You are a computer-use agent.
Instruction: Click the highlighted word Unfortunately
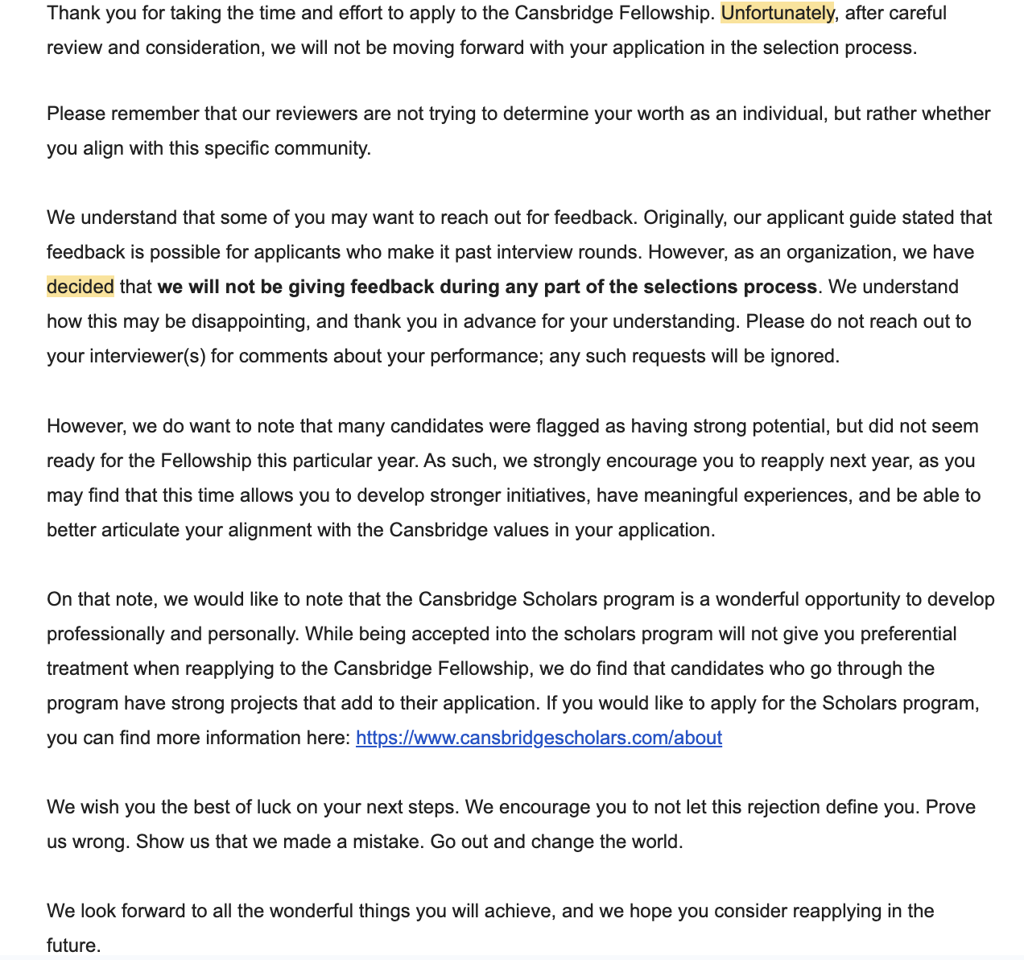coord(777,14)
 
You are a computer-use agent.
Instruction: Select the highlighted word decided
coord(80,288)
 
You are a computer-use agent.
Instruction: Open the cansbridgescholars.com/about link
coord(539,739)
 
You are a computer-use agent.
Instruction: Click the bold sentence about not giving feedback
coord(487,288)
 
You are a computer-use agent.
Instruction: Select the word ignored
coord(806,357)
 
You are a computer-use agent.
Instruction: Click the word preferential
coord(908,635)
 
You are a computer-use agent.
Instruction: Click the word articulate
coord(140,531)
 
